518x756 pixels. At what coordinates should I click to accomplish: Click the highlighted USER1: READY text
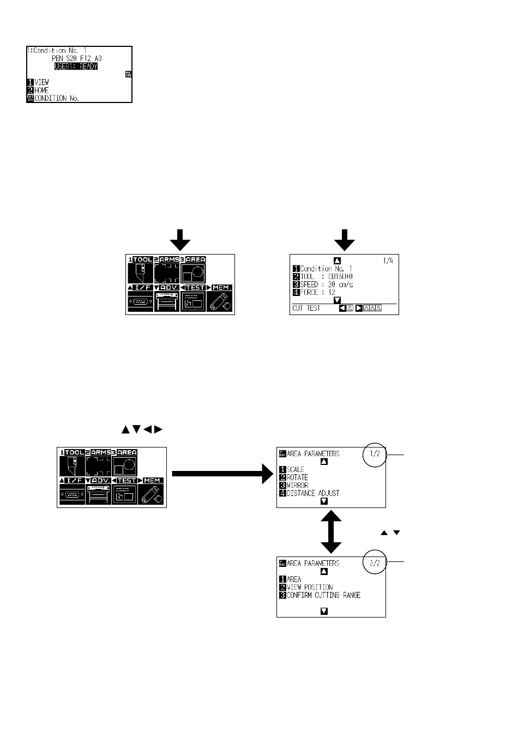(76, 66)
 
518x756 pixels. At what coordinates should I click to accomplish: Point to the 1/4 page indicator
(388, 261)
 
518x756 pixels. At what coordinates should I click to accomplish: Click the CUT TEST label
(306, 309)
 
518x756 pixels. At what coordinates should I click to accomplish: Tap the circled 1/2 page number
(374, 453)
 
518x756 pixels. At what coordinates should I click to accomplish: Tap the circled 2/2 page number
(374, 563)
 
